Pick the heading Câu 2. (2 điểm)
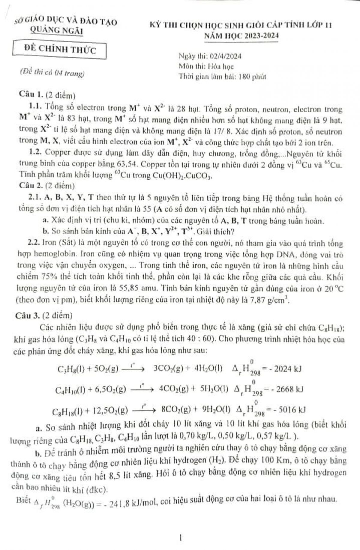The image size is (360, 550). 47,186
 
